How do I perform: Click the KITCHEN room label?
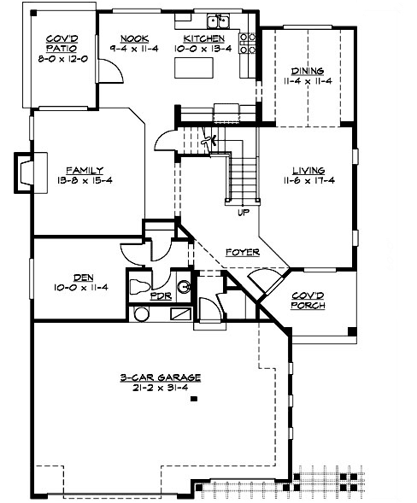coord(205,39)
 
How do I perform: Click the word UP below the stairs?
coord(244,213)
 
